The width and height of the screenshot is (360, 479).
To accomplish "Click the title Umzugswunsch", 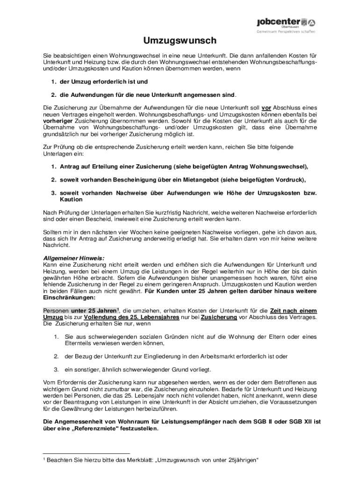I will [180, 41].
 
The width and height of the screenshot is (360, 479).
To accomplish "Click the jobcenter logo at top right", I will [286, 22].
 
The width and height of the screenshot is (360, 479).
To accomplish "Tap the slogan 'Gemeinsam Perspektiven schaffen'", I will [286, 32].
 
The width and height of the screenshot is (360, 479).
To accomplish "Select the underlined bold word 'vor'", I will [266, 107].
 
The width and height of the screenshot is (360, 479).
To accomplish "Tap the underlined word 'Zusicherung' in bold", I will [217, 317].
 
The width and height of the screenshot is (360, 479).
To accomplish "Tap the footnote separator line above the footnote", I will [86, 453].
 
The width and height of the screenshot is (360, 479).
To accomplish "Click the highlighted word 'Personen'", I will [56, 311].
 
